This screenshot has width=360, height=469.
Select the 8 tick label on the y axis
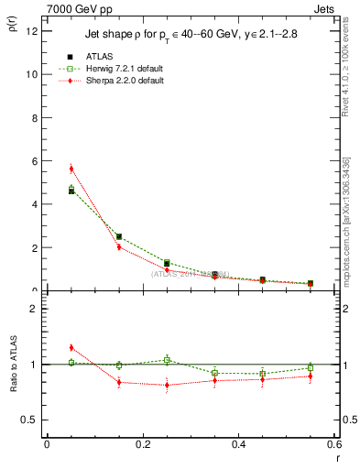point(36,117)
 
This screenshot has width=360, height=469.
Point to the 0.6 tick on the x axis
point(334,444)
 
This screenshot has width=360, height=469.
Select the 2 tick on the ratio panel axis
point(36,309)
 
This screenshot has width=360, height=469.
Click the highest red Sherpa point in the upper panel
point(71,169)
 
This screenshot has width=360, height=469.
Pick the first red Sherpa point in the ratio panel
point(71,347)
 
